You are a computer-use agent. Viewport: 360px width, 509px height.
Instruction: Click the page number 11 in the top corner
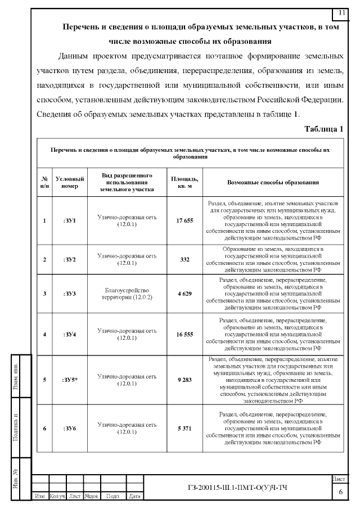coord(342,12)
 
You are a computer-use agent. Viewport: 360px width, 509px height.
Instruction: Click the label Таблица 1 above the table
coord(323,129)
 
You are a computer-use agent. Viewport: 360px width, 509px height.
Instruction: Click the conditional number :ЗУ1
coord(70,220)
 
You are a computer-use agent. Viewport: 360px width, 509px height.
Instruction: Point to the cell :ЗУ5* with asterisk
coord(70,380)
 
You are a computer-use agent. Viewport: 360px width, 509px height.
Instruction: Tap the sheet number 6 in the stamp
coord(341,492)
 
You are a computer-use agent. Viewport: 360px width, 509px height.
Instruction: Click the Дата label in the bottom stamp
coord(134,497)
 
